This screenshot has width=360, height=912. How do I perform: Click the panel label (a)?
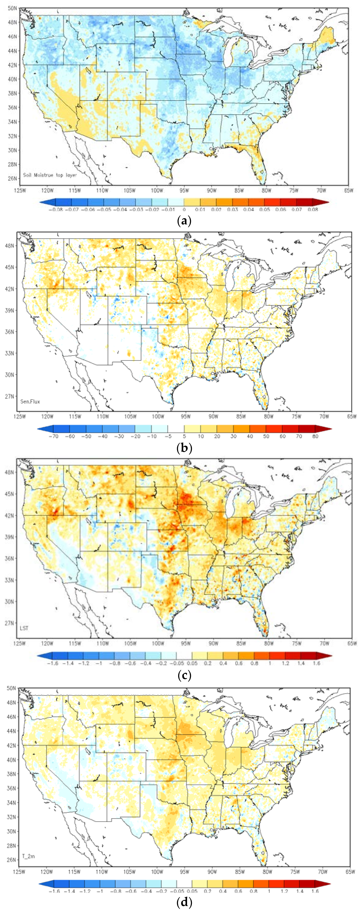(184, 221)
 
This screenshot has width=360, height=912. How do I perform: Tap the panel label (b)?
(184, 448)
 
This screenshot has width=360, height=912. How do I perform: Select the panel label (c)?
(184, 675)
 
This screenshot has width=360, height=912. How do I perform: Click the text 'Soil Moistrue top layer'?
(50, 175)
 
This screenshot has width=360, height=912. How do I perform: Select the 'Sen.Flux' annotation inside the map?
(30, 401)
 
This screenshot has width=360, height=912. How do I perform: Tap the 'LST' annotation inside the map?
(24, 628)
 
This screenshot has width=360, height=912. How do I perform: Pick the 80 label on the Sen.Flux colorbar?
(315, 436)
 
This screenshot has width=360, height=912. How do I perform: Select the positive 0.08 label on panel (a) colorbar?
(313, 209)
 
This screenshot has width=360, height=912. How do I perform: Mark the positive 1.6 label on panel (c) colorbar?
(316, 663)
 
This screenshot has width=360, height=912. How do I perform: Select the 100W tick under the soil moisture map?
(157, 190)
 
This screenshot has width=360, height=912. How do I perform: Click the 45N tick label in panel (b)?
(10, 267)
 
